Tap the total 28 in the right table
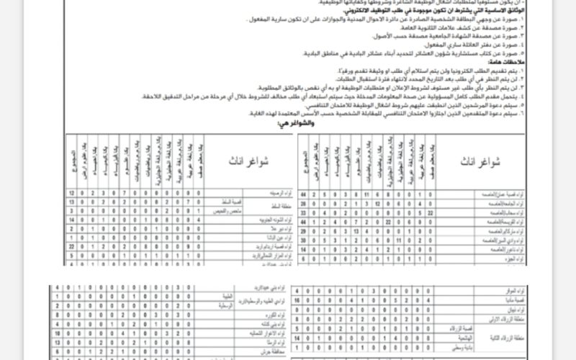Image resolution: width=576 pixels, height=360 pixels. [303, 204]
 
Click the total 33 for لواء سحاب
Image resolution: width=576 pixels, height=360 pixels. [303, 213]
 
